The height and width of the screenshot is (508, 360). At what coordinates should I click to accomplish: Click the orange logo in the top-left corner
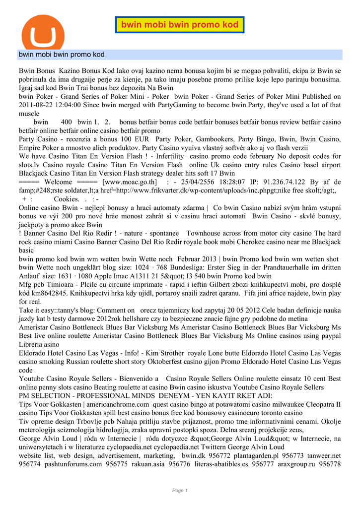point(43,34)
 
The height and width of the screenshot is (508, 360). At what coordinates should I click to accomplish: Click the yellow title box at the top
point(180,25)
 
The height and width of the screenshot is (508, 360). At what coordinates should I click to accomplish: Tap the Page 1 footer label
point(180,491)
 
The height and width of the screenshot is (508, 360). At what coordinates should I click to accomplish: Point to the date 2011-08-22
point(38,105)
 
